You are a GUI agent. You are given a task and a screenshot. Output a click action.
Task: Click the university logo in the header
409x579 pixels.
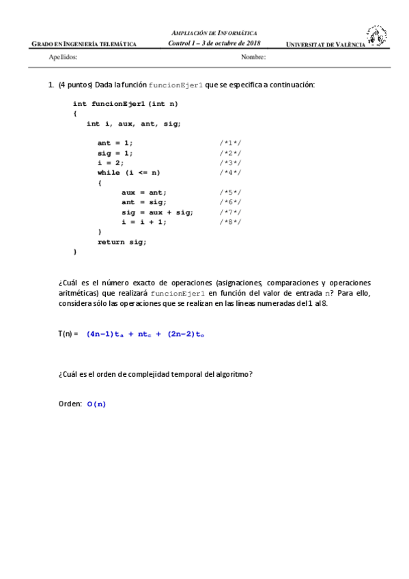coord(376,36)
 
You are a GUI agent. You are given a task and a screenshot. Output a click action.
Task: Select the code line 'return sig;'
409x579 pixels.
coord(122,242)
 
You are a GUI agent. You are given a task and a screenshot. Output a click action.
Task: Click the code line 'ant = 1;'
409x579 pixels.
coord(115,143)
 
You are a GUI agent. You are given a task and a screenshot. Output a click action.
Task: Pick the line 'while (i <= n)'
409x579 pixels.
coord(128,173)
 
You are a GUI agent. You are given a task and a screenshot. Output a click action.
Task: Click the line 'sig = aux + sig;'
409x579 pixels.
coord(152,212)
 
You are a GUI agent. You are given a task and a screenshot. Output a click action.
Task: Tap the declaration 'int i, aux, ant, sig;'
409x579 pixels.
coord(134,124)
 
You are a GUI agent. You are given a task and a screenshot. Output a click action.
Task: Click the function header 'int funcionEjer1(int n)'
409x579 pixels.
coord(125,104)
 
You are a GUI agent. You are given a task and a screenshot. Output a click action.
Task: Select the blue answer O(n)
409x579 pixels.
coord(96,404)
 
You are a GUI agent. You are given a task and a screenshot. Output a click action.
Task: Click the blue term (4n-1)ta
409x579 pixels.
coord(105,334)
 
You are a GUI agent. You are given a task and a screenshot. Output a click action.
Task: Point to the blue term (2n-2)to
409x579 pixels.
coord(186,334)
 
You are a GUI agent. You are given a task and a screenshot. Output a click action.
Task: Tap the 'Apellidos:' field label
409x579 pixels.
coord(64,57)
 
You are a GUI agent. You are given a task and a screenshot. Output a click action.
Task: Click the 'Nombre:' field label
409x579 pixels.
coord(253,57)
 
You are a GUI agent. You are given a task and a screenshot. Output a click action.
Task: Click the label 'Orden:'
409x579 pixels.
coord(70,404)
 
